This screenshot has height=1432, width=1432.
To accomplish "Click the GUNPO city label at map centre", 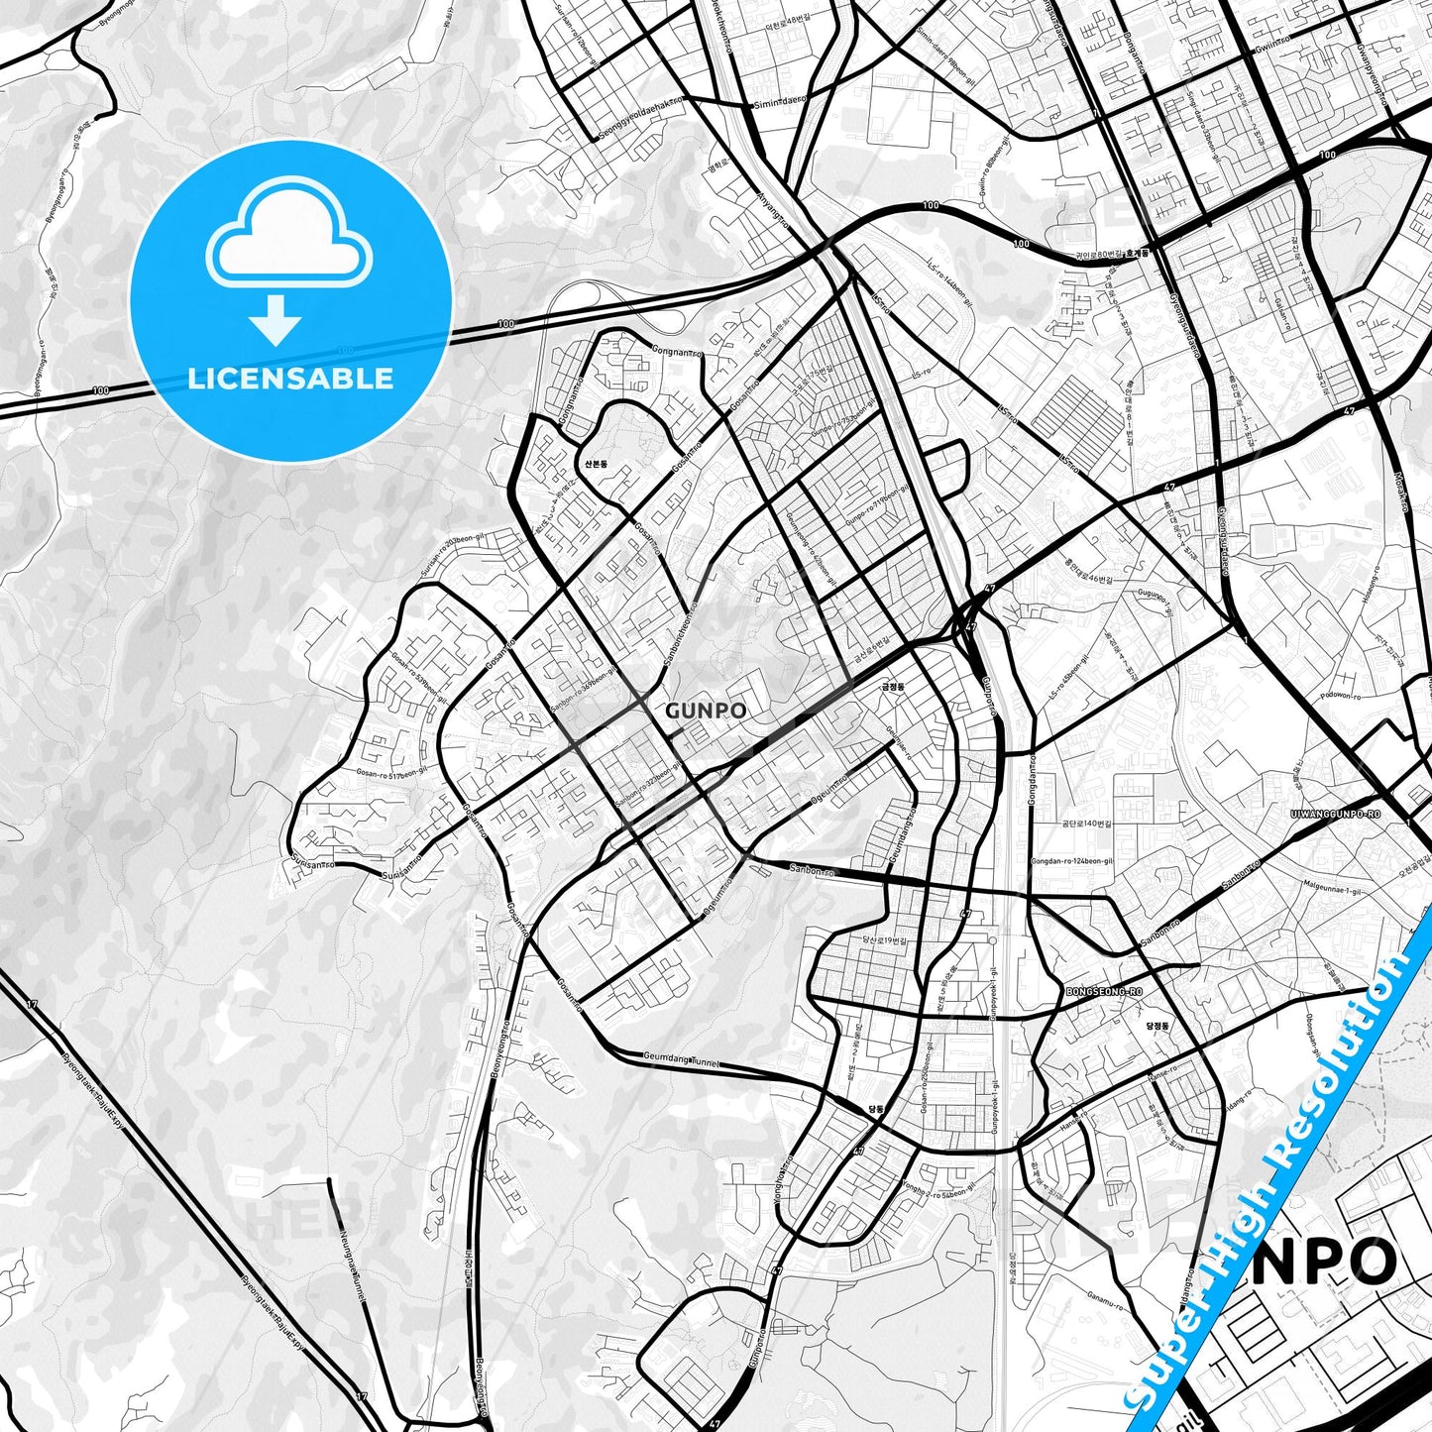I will point(706,711).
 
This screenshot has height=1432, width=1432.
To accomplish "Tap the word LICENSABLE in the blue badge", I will point(290,379).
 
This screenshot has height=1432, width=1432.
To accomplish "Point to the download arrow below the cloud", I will point(276,319).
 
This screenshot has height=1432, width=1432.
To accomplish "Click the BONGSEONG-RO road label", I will point(1104,991).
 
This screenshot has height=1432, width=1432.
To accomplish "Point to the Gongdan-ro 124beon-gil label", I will point(1072,861).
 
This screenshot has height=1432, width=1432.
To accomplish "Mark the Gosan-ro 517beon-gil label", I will point(392,773).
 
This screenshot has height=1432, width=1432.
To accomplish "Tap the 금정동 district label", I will point(893,685).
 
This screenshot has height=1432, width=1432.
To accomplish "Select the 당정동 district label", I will point(1157,1027).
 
